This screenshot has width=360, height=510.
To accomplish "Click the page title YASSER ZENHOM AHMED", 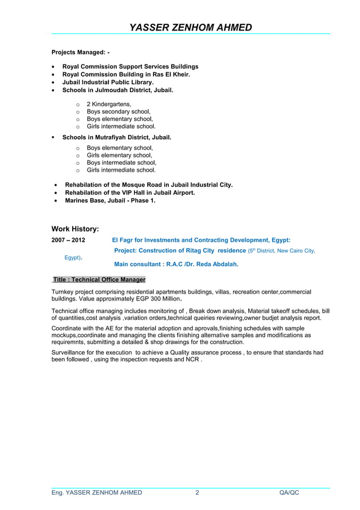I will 191,27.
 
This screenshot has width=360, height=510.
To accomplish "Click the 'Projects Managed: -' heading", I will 81,53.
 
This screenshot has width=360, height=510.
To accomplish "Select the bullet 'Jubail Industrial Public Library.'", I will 108,82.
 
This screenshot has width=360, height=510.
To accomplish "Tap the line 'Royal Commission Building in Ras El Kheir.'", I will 126,74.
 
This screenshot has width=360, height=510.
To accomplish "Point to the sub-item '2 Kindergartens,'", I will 109,104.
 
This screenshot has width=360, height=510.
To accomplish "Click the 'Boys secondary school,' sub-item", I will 118,112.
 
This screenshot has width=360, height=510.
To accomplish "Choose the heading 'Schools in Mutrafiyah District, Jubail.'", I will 116,137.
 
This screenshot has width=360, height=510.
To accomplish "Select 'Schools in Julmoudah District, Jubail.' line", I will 117,90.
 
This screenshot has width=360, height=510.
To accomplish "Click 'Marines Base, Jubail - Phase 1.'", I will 110,200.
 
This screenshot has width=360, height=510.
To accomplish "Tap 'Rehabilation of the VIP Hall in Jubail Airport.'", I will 130,193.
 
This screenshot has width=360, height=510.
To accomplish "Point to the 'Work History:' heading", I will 75,229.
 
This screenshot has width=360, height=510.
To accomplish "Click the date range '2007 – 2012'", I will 68,240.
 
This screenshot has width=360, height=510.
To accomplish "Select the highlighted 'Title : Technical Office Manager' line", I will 99,280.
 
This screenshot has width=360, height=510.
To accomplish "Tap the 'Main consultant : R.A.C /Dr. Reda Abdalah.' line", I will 176,264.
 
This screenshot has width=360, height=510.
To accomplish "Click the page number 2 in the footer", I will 197,492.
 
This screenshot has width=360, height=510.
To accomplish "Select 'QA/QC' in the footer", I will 289,492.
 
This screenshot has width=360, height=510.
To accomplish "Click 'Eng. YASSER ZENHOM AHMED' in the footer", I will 96,492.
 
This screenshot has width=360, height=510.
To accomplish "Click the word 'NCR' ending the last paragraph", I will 192,360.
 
